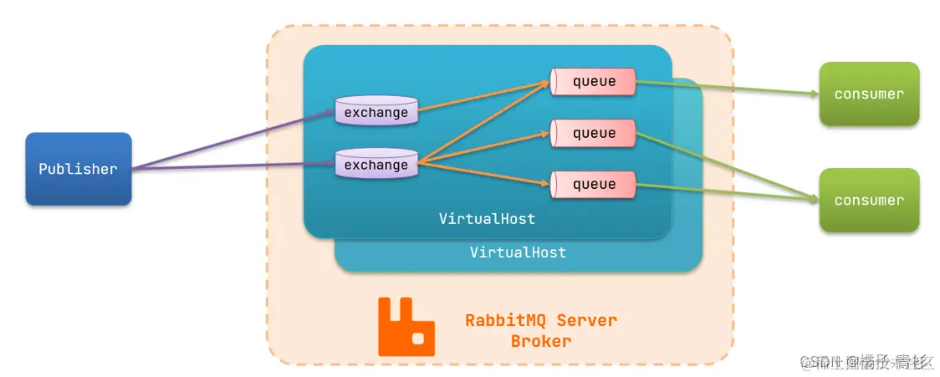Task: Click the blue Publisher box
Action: [78, 169]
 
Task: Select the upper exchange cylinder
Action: [376, 112]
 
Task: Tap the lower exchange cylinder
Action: [376, 165]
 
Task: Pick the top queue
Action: [594, 81]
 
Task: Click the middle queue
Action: [594, 133]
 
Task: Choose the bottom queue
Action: [594, 184]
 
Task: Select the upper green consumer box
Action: [869, 94]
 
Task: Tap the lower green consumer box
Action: [869, 200]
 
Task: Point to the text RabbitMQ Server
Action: [541, 321]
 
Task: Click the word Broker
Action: [541, 341]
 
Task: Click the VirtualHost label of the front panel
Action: [487, 219]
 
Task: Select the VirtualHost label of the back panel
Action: [518, 252]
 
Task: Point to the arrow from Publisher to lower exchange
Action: [234, 166]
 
